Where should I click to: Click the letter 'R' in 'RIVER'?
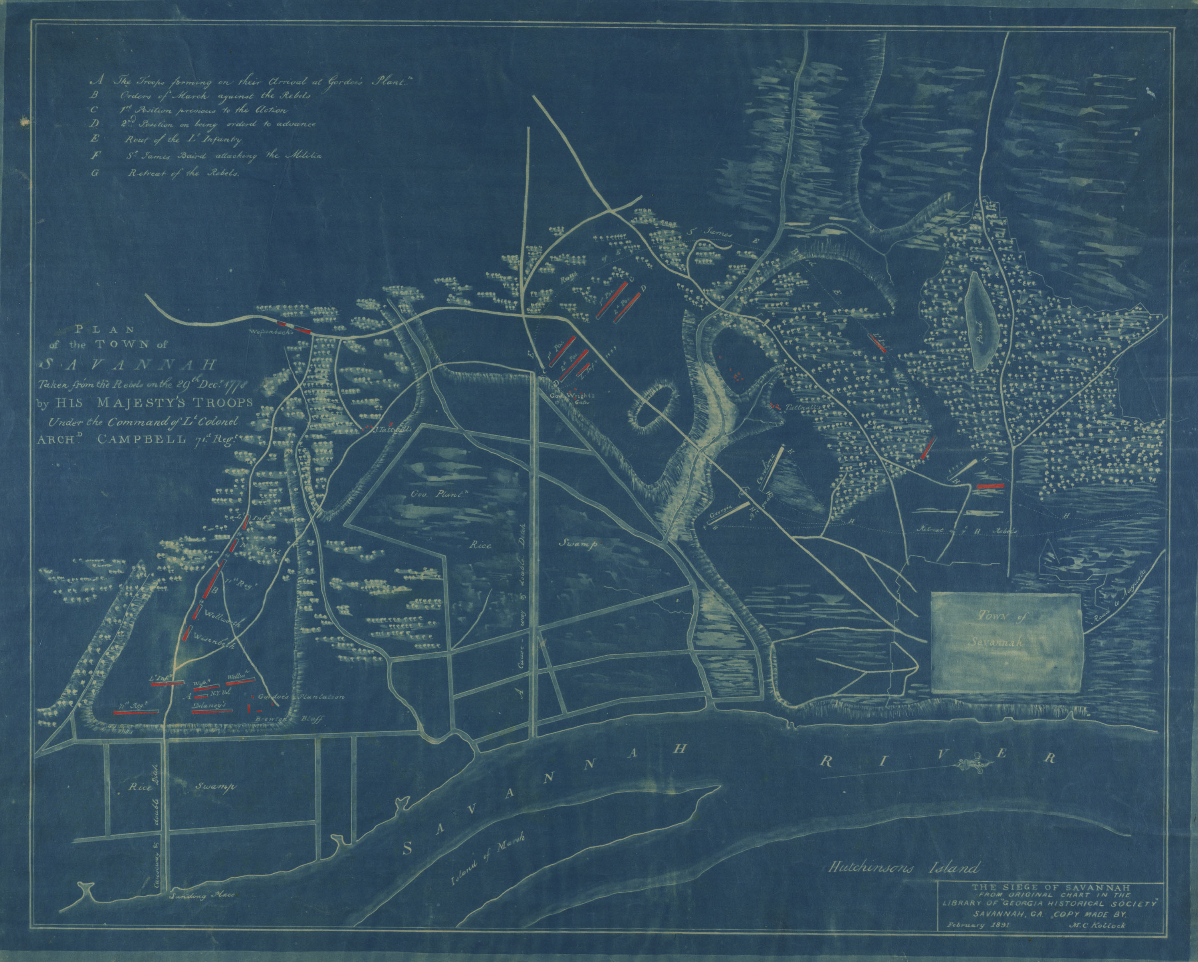click(x=827, y=759)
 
